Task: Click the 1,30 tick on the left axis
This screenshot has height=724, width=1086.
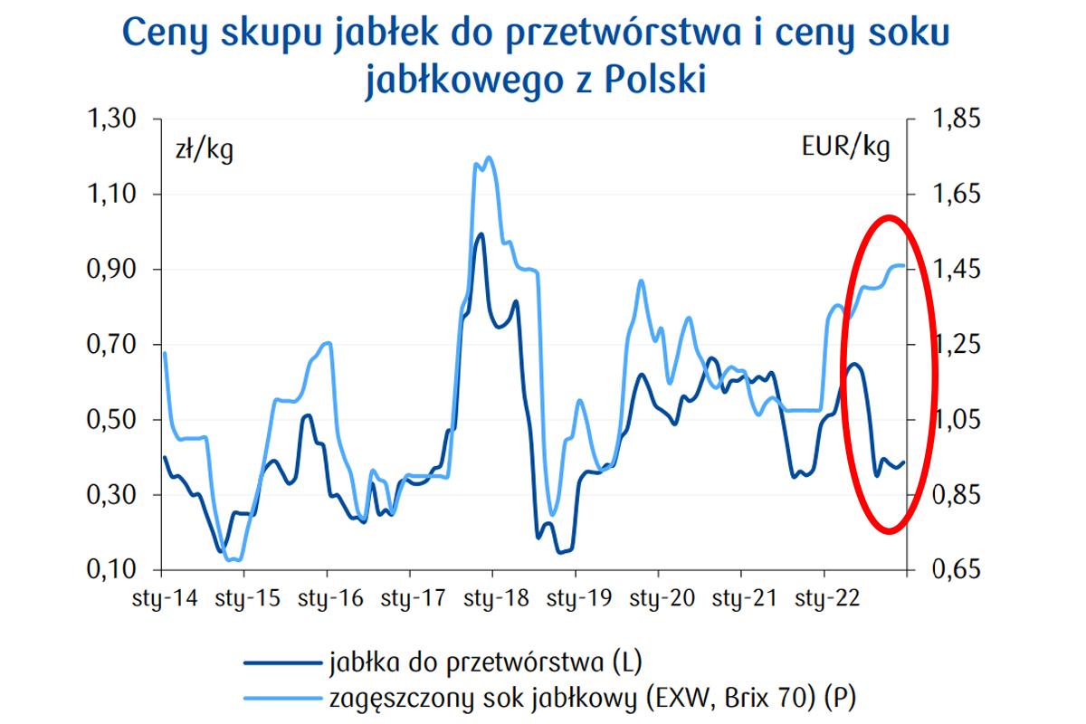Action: coord(110,119)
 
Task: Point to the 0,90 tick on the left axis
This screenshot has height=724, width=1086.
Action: coord(110,269)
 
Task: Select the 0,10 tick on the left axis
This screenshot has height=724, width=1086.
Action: coord(110,570)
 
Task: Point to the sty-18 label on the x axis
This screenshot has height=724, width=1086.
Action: coord(492,598)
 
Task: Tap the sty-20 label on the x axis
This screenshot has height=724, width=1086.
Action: coord(658,598)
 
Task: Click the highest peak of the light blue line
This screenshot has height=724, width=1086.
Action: coord(490,157)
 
